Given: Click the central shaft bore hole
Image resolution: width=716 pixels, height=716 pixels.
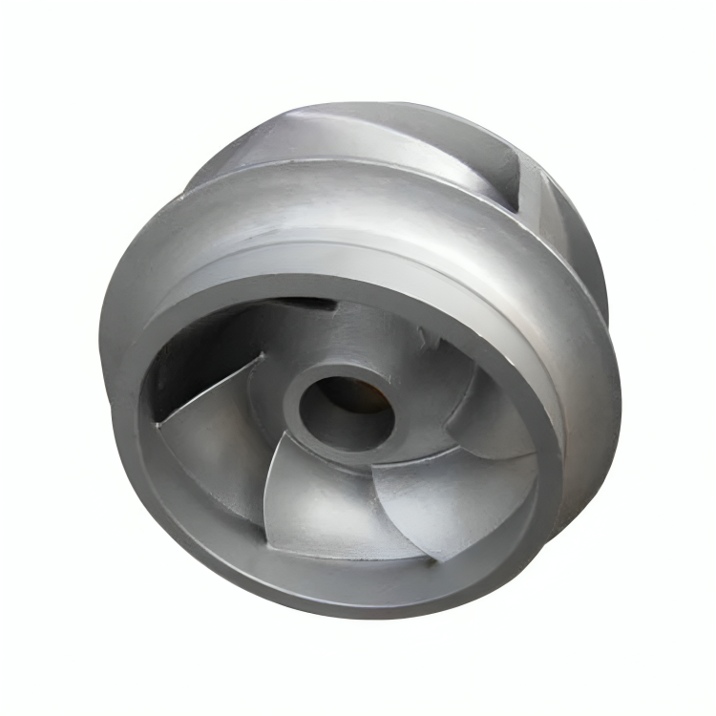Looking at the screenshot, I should (x=344, y=406).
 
